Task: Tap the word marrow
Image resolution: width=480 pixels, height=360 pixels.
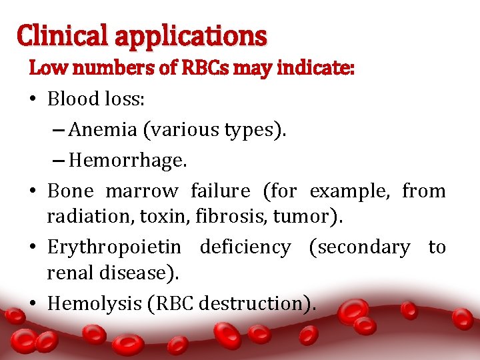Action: click(141, 191)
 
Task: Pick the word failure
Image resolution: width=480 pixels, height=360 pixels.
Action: click(220, 191)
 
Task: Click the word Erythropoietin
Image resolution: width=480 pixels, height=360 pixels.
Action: click(113, 247)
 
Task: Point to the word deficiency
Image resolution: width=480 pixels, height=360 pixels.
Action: click(245, 247)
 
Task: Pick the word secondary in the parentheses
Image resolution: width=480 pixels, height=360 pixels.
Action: click(361, 247)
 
